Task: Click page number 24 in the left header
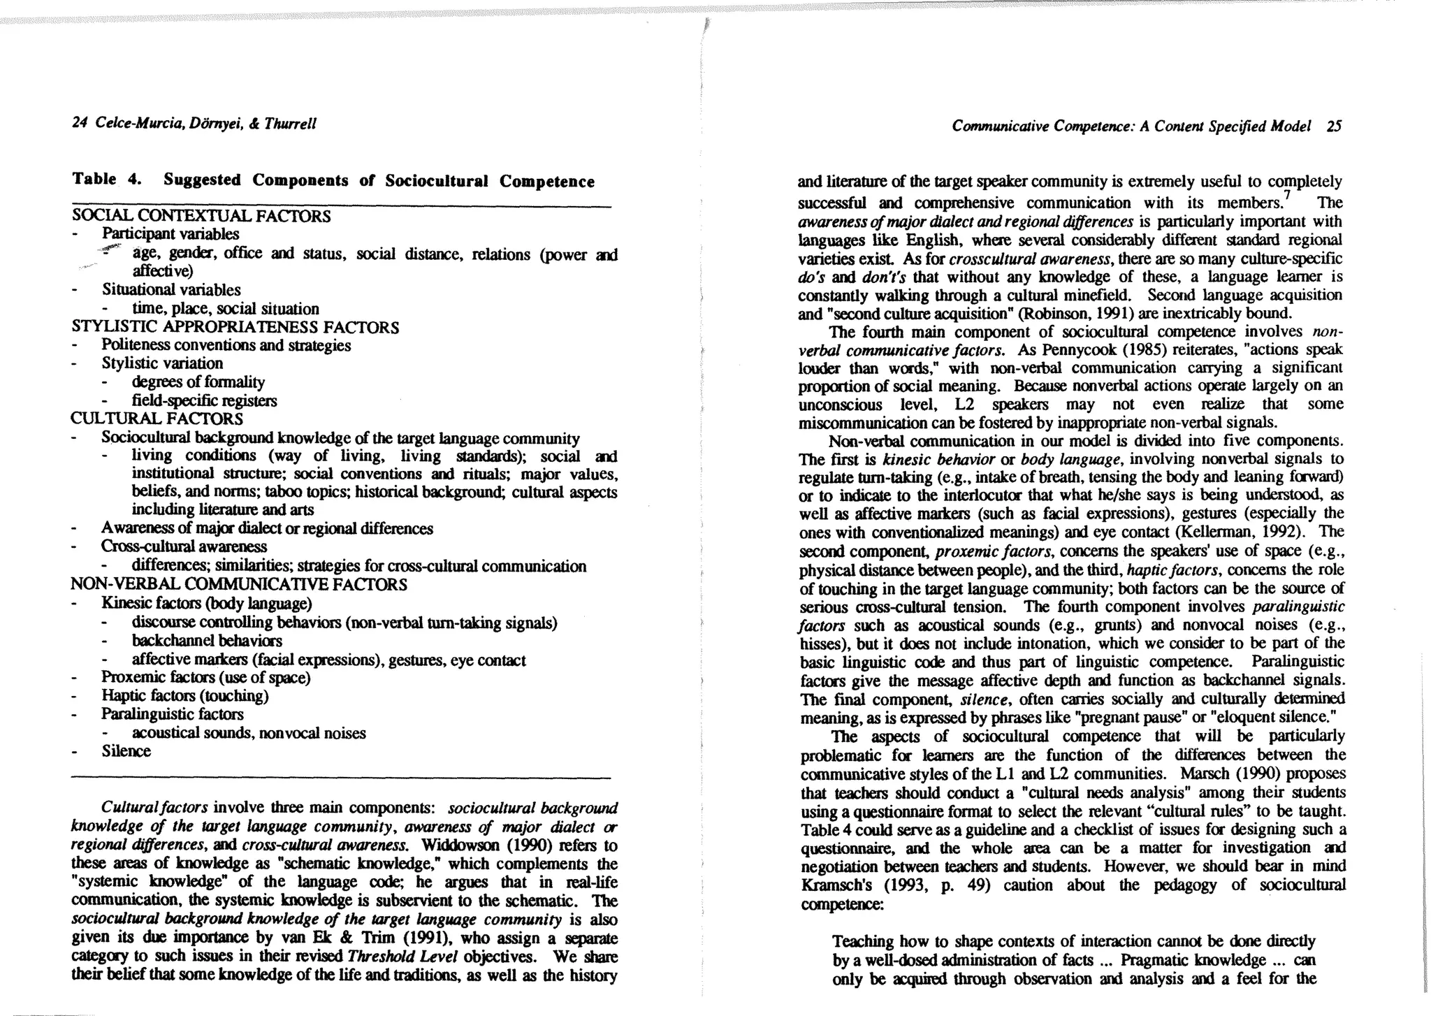point(78,124)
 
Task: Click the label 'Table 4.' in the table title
point(107,179)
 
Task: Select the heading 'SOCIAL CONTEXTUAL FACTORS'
point(201,216)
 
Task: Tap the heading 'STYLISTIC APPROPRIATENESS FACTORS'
point(235,327)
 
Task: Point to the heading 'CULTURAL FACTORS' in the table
point(157,419)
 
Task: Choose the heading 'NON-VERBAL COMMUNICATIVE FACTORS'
point(239,584)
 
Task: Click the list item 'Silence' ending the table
point(126,751)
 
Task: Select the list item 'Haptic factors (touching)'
point(185,696)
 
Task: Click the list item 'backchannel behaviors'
point(207,641)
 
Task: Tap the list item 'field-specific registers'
point(204,400)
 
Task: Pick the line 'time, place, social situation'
point(225,309)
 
